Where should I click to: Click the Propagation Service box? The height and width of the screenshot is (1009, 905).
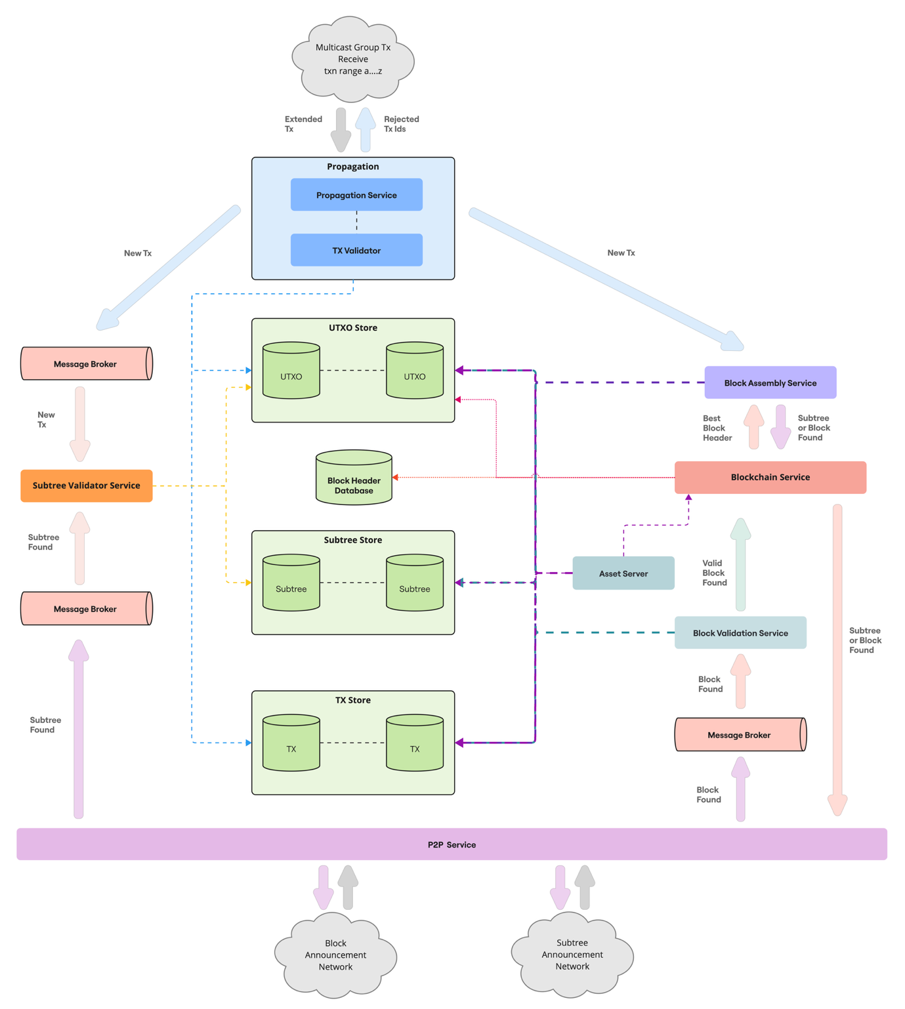[x=356, y=195]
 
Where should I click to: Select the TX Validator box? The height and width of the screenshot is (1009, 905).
[x=356, y=250]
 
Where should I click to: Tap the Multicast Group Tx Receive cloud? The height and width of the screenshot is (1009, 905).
[x=353, y=59]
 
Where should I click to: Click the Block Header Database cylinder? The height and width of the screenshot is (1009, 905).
[x=354, y=479]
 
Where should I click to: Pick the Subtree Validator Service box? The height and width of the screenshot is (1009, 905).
[x=87, y=485]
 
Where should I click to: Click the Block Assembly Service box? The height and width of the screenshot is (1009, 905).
[x=770, y=382]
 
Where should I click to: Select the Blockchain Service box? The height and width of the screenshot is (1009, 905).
[x=770, y=477]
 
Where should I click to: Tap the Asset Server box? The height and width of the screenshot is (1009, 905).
[x=623, y=573]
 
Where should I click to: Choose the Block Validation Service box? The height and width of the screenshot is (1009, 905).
[x=740, y=633]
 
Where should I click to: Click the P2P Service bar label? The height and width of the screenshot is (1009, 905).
[x=452, y=844]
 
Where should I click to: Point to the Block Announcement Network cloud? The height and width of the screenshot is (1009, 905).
[x=335, y=955]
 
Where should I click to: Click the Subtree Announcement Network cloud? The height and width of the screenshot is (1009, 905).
[x=572, y=955]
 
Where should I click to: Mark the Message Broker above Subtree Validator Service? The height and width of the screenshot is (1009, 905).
[x=86, y=364]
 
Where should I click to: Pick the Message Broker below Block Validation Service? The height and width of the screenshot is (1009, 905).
[x=740, y=735]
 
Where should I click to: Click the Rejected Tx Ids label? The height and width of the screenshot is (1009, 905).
[x=401, y=124]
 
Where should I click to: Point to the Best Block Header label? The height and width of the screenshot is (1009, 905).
[x=717, y=428]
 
